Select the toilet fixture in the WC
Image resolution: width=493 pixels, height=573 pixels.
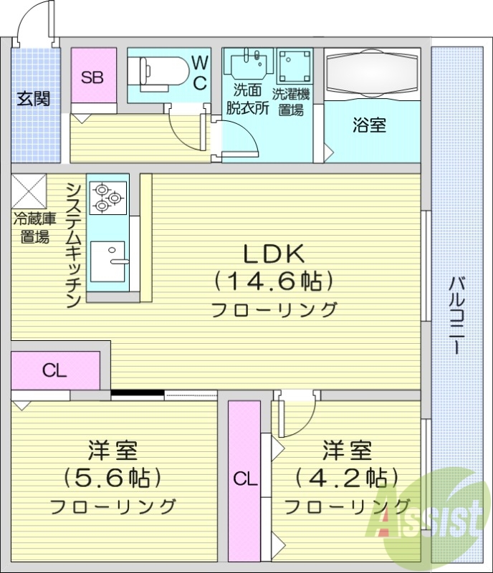pos(155,71)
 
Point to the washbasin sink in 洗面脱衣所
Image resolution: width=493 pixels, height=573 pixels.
pos(248,63)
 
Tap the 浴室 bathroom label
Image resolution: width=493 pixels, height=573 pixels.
pos(369,125)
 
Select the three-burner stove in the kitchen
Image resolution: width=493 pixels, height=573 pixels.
pos(107,198)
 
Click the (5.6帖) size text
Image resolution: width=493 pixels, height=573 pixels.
pos(112,477)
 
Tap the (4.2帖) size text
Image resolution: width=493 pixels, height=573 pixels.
pos(346,477)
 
